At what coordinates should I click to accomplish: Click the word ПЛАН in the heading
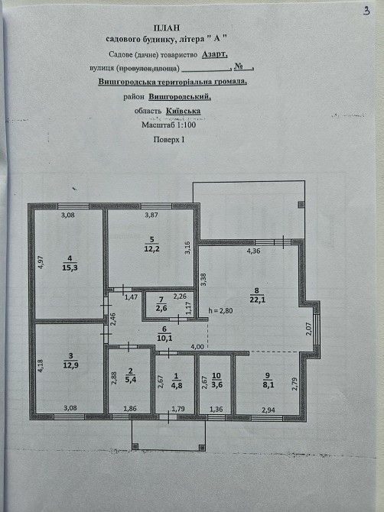pos(166,28)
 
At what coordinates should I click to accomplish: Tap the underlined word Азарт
pos(214,54)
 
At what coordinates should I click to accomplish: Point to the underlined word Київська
pos(183,111)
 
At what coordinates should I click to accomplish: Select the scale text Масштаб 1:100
pos(168,125)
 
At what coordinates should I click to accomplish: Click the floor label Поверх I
pos(169,140)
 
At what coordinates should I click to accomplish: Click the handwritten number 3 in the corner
pos(366,11)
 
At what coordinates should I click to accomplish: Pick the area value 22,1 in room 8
pos(258,299)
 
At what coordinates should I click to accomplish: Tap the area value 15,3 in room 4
pos(70,267)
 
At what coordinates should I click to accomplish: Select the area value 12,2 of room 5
pos(151,249)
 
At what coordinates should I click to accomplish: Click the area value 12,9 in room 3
pos(71,365)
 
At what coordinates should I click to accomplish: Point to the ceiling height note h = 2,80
pos(220,311)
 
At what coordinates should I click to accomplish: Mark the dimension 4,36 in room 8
pos(253,251)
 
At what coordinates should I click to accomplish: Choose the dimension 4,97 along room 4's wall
pos(41,263)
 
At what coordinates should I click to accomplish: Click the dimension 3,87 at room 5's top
pos(151,215)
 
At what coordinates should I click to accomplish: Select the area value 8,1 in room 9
pos(268,384)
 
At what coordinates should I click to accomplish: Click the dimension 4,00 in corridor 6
pos(197,347)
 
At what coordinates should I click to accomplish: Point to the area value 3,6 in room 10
pos(216,384)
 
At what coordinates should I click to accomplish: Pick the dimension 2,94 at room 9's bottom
pos(268,410)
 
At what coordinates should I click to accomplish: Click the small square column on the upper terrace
pos(301,205)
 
